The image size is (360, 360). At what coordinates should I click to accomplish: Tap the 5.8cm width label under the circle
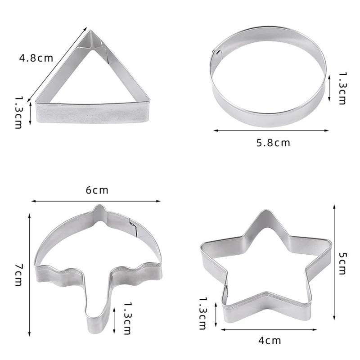[273, 143]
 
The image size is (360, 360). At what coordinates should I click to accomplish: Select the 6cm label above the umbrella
[97, 190]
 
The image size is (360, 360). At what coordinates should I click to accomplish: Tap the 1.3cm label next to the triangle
[18, 112]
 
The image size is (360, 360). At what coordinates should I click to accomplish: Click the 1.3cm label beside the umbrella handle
[126, 318]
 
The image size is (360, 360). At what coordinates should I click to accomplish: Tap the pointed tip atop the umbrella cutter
[99, 208]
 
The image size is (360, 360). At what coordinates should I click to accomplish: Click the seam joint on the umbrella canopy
[133, 225]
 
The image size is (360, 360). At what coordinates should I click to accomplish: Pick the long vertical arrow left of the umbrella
[29, 274]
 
